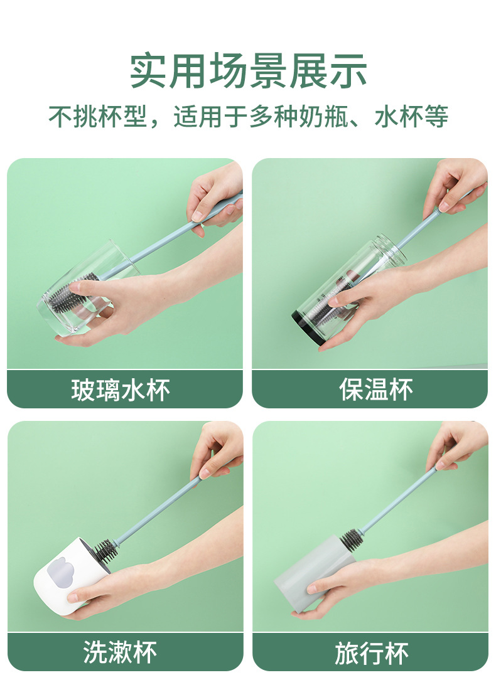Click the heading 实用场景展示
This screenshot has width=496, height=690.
coord(249,70)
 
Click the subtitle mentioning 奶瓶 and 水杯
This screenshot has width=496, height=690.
coord(249,117)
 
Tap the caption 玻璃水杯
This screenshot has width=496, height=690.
coord(121,390)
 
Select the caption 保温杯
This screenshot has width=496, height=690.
coord(375,390)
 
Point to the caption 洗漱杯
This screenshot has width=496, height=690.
coord(121,652)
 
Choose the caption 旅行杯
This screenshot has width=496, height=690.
coord(372,653)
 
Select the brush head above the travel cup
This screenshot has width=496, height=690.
coord(351,539)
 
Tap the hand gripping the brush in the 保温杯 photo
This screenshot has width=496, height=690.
coord(456,187)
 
